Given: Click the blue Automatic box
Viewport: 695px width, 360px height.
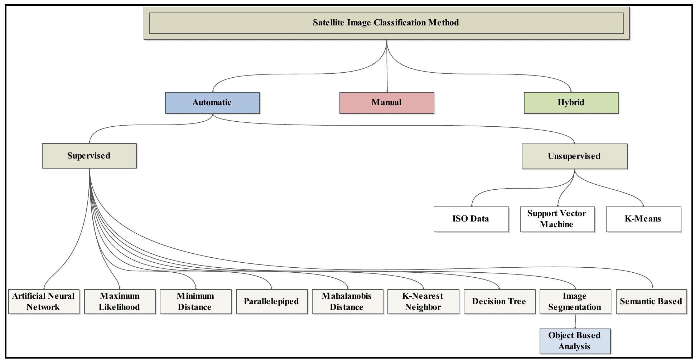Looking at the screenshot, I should tap(212, 103).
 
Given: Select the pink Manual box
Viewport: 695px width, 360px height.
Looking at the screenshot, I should tap(387, 103).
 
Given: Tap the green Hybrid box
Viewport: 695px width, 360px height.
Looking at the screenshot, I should tap(571, 103).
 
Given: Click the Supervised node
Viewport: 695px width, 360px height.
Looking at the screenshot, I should tap(89, 156).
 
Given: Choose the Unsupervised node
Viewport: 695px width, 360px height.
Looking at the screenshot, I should tap(574, 156).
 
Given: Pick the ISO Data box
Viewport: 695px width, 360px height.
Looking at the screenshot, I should tap(471, 219).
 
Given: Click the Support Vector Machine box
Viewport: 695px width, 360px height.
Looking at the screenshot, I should tap(557, 219).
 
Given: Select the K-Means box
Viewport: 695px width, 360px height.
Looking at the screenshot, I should tap(643, 219).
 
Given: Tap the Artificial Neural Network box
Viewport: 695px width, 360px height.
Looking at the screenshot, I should tap(44, 302).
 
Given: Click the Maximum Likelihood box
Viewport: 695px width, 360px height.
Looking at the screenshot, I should tap(120, 302).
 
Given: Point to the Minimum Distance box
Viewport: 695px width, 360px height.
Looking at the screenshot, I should tap(196, 302).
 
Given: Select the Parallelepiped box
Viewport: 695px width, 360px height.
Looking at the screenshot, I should tap(272, 302).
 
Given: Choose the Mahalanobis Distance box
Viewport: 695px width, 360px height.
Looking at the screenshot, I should tap(347, 302).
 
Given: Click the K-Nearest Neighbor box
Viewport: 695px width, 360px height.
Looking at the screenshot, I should tap(423, 302).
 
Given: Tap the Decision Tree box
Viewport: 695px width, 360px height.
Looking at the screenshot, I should tap(499, 302).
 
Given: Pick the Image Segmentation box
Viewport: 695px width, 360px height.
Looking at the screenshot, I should tap(575, 302).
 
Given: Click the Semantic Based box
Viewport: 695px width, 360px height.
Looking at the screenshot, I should tap(651, 302).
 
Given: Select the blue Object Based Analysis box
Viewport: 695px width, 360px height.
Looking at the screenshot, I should tap(575, 341).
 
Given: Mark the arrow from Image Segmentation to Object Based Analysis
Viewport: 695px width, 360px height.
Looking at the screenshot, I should tap(575, 322).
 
